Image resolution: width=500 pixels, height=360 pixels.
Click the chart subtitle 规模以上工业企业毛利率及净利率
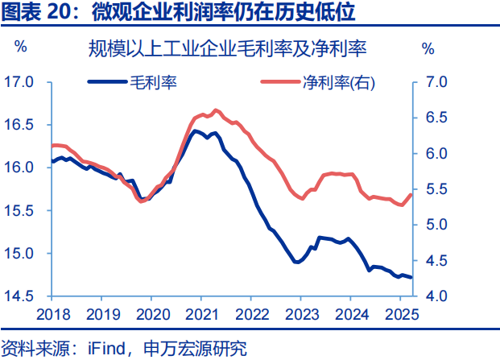[228, 49]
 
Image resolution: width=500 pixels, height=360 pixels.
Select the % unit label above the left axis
[22, 48]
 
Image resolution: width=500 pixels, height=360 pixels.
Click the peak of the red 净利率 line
[215, 110]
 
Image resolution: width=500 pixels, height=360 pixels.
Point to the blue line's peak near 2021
[196, 130]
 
